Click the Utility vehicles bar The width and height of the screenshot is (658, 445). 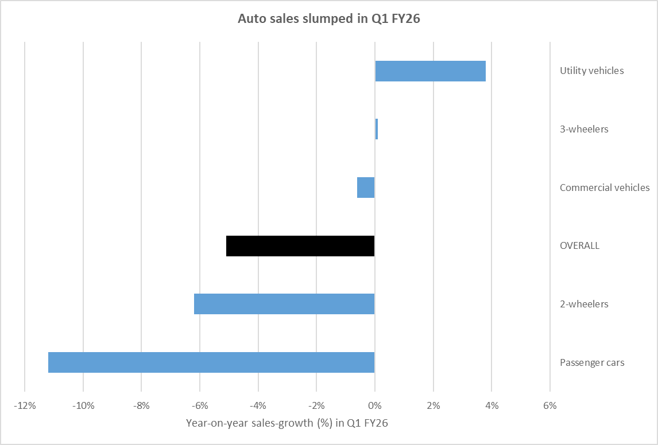click(430, 71)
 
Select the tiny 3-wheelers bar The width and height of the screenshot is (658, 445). click(376, 129)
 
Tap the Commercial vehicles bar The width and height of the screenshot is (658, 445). click(366, 188)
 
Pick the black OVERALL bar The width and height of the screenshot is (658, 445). click(300, 245)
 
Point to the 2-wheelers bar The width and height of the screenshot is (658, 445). click(284, 304)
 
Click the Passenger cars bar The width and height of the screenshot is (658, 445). click(211, 362)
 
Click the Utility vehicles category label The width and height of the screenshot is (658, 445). click(591, 71)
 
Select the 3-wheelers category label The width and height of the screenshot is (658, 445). click(584, 129)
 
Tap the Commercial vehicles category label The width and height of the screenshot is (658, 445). click(605, 188)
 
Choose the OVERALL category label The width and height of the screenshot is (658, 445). click(579, 245)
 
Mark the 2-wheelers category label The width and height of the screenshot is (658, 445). click(584, 304)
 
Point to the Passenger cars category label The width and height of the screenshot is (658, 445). click(592, 362)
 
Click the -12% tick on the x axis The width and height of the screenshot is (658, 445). click(25, 406)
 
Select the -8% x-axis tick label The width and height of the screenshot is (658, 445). click(141, 406)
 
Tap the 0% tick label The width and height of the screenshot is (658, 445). click(374, 406)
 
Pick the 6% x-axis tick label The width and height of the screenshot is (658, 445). click(549, 406)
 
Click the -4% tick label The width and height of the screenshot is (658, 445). click(258, 406)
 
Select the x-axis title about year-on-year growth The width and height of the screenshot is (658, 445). click(287, 423)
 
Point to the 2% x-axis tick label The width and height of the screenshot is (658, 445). click(433, 406)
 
